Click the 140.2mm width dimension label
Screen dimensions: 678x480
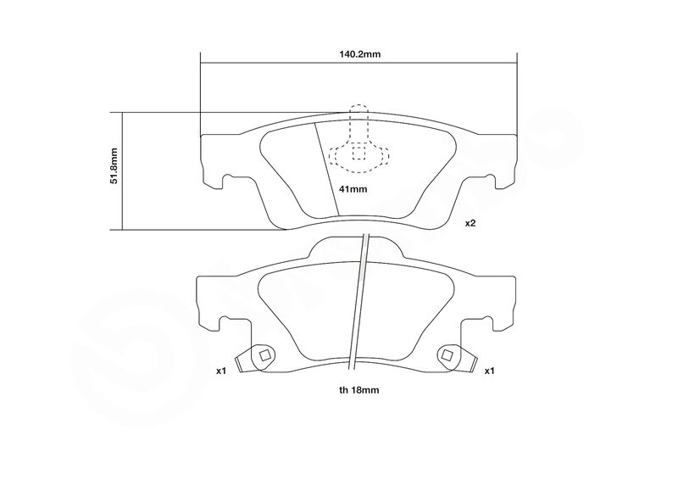tap(359, 54)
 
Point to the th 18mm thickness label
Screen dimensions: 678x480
tap(358, 390)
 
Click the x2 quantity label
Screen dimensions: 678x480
tap(470, 223)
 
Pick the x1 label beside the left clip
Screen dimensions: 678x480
tap(221, 371)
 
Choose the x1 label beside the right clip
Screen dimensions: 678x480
tap(489, 371)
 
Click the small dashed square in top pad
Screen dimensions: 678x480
tap(358, 153)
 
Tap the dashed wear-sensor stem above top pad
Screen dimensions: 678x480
tap(358, 123)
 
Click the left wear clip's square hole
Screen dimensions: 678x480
tap(264, 355)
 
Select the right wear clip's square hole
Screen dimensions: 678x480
tap(447, 355)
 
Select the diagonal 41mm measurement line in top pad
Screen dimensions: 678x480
tap(326, 169)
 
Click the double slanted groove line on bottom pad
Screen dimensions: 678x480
tap(358, 302)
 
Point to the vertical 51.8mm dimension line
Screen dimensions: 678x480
tap(122, 171)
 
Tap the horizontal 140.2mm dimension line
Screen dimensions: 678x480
tap(358, 62)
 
